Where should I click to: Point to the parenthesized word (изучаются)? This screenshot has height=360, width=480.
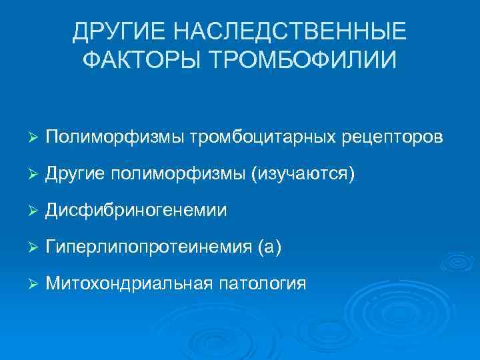coord(303,174)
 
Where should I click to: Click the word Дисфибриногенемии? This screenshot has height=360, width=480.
coord(137,211)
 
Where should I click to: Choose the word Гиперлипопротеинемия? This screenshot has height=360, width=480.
coord(148,247)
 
